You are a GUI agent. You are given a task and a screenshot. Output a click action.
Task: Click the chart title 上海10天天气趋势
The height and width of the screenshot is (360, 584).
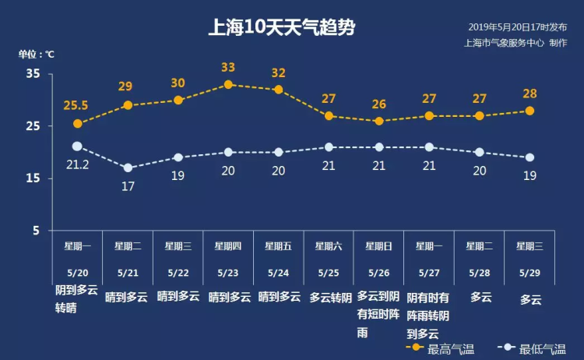(x=283, y=29)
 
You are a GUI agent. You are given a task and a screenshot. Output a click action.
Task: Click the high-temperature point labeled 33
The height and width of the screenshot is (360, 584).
(x=228, y=84)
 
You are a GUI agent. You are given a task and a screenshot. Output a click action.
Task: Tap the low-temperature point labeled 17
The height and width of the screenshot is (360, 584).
(x=128, y=168)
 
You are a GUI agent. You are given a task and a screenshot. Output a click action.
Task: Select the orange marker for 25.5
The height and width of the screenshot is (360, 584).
(x=77, y=123)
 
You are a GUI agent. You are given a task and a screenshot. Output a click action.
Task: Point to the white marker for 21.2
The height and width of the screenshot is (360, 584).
(x=77, y=146)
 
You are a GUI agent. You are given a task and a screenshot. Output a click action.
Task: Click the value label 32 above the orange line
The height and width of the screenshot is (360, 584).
(x=278, y=73)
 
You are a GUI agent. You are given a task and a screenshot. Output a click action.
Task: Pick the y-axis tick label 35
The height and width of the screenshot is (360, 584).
(x=33, y=73)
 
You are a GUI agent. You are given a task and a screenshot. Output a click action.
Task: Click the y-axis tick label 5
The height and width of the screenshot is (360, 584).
(x=36, y=231)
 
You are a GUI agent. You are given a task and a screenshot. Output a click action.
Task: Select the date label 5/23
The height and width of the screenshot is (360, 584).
(x=228, y=273)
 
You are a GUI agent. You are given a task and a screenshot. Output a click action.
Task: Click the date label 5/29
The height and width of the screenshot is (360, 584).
(x=530, y=273)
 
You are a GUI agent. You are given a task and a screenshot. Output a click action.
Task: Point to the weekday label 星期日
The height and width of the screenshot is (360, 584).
(x=379, y=246)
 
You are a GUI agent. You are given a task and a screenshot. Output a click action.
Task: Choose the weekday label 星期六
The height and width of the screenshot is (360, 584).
(x=329, y=246)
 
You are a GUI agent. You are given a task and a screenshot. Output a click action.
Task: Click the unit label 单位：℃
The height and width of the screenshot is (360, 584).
(x=37, y=55)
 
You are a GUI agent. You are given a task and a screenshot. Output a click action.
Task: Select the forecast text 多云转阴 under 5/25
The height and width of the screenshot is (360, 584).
(x=329, y=297)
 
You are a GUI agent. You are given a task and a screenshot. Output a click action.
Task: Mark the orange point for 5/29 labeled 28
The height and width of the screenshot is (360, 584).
(x=530, y=111)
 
